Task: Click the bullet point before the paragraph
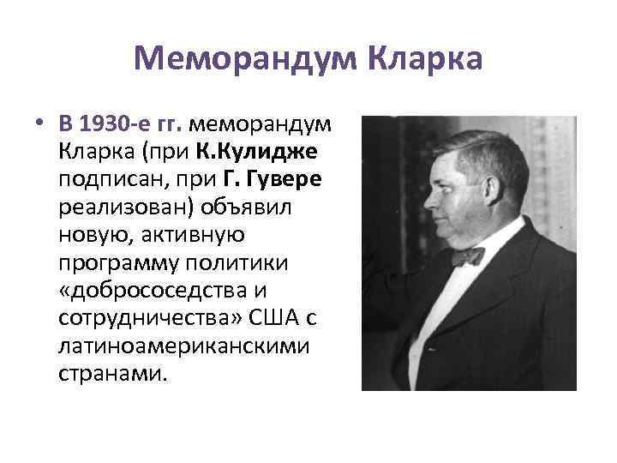(x=40, y=123)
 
